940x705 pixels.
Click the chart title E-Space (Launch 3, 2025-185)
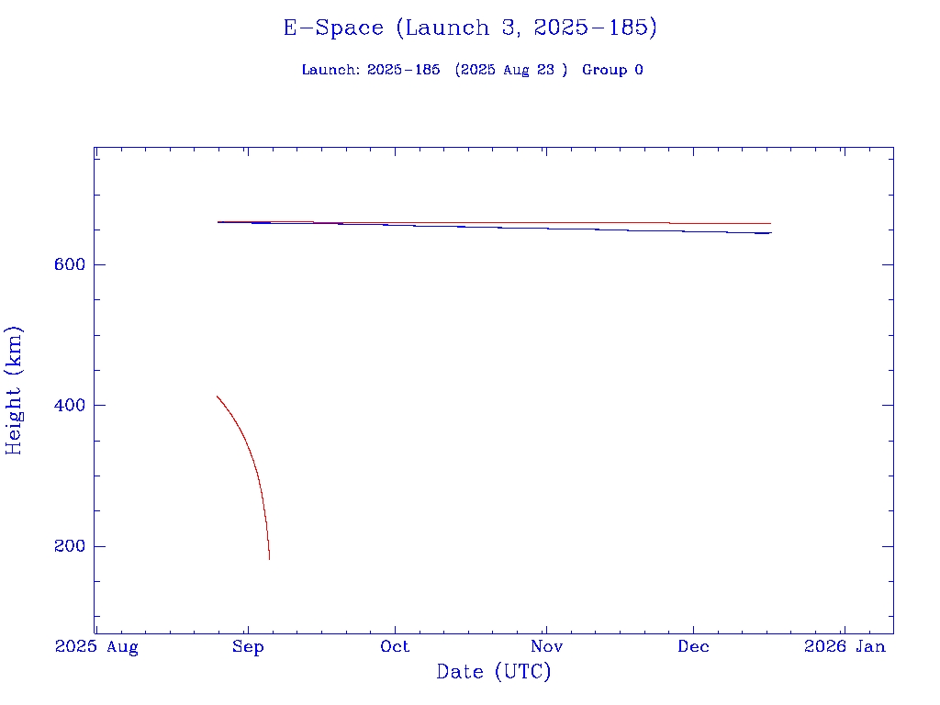tap(470, 28)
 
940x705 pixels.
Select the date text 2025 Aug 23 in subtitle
tap(508, 70)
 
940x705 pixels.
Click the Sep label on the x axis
tap(247, 647)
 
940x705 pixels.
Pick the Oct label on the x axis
tap(396, 647)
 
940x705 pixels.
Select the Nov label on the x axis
tap(545, 647)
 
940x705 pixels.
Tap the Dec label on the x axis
tap(693, 647)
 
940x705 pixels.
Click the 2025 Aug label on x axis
tap(96, 647)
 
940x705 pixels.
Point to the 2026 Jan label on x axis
tap(845, 647)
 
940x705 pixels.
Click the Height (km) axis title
tap(15, 390)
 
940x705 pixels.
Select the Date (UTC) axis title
tap(493, 672)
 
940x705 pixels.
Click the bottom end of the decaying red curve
tap(269, 558)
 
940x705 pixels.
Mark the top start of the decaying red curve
tap(217, 396)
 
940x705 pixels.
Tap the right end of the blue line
tap(771, 233)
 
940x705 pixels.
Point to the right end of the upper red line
tap(770, 223)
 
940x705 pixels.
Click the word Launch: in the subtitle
tap(330, 70)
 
